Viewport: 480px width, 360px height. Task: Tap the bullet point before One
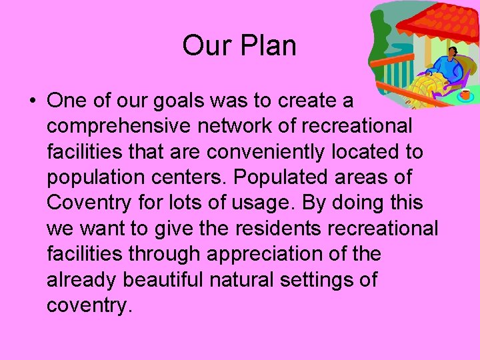point(31,101)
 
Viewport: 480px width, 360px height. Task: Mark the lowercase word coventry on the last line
point(89,305)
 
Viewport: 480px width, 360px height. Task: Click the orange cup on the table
point(465,94)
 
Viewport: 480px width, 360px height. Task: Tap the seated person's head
point(454,54)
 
